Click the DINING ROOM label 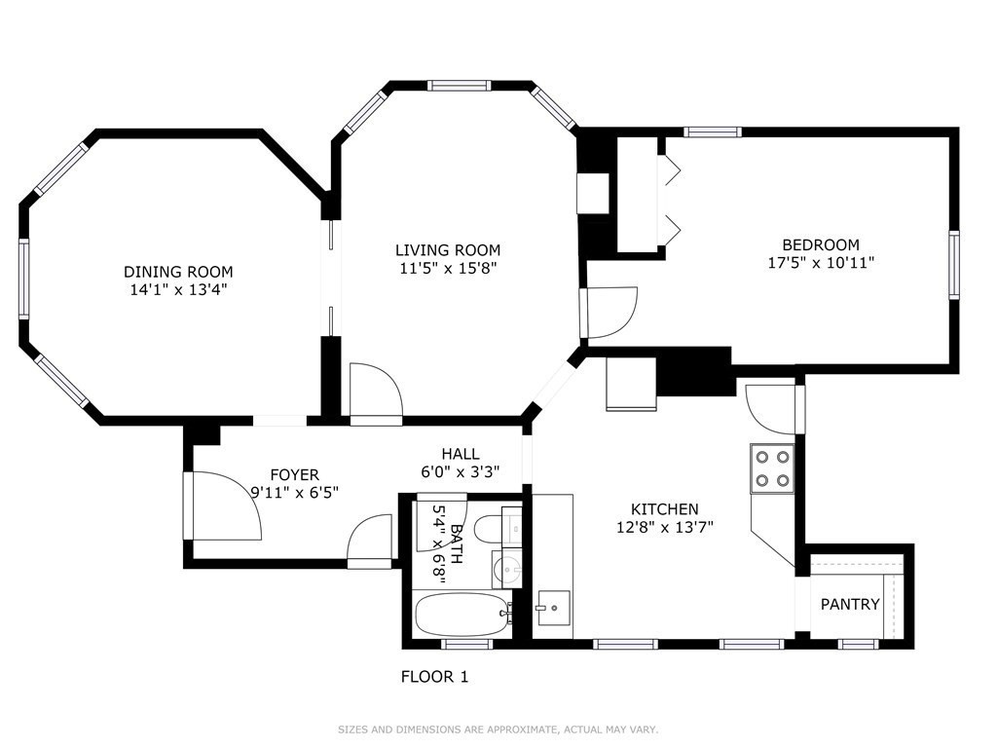[x=178, y=272]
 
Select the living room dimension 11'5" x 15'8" [x=448, y=268]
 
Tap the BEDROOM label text [x=821, y=244]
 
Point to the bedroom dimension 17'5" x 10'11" [x=821, y=262]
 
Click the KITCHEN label [x=664, y=509]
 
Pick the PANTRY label [x=850, y=604]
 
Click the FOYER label [x=294, y=475]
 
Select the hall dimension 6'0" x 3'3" [x=460, y=471]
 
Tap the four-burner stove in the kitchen [x=772, y=467]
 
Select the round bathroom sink [x=505, y=567]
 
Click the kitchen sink [x=552, y=608]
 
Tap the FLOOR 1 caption [x=435, y=676]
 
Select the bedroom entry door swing [x=610, y=312]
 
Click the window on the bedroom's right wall [x=953, y=264]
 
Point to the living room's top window [x=460, y=86]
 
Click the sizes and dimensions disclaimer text [x=498, y=729]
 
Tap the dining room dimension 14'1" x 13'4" [x=178, y=289]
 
